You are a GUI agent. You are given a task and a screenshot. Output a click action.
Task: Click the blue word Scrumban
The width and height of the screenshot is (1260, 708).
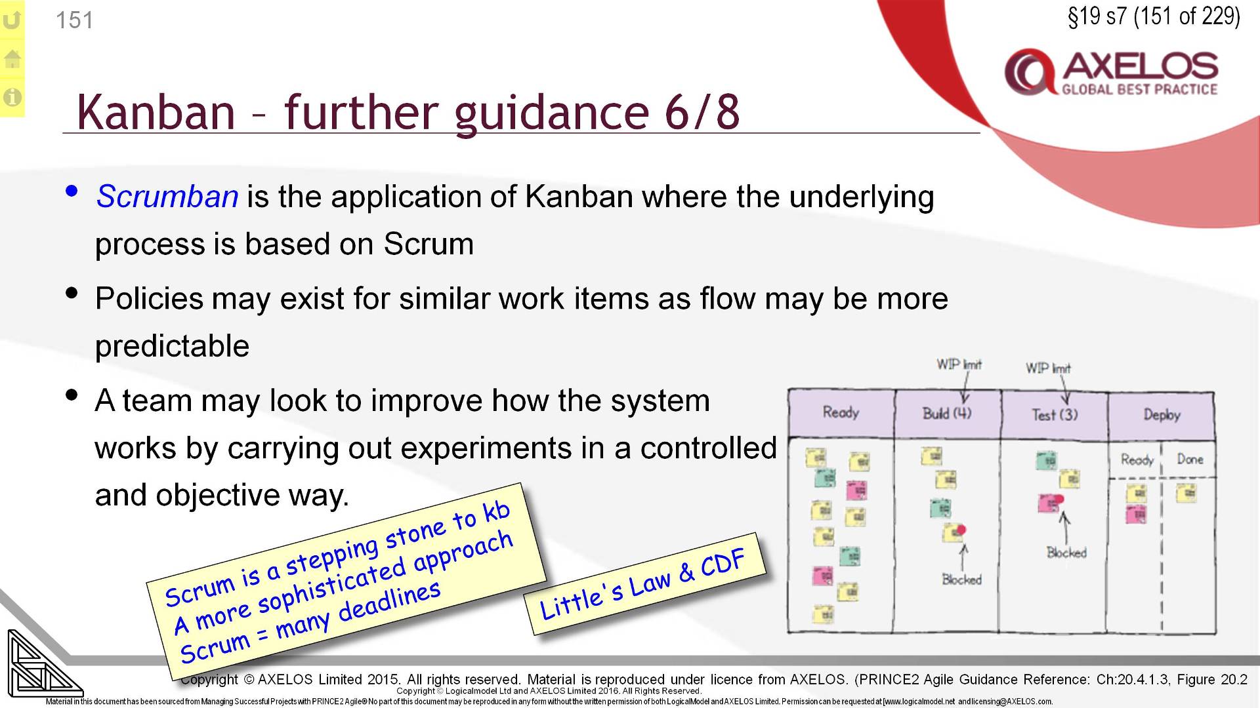167,197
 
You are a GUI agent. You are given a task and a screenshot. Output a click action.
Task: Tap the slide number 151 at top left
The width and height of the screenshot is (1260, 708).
74,20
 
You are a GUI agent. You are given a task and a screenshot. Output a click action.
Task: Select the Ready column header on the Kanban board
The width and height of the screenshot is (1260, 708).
841,413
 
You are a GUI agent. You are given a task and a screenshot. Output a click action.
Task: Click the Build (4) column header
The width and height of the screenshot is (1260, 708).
947,414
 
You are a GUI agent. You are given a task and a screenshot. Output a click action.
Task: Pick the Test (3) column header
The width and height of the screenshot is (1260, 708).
1055,415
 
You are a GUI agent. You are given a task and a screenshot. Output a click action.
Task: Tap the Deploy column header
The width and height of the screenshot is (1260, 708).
1162,415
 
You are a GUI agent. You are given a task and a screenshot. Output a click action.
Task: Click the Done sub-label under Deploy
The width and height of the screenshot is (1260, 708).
1190,460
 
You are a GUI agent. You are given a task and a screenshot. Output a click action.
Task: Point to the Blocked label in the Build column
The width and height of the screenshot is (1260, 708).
961,580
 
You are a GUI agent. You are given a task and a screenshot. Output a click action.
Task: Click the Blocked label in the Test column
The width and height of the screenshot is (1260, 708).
1066,553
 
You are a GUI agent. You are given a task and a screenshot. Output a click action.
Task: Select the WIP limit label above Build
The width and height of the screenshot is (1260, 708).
959,364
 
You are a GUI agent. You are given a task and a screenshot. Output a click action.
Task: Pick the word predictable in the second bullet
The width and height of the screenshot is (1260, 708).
172,346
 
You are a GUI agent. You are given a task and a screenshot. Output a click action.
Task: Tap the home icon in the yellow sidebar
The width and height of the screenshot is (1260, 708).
12,59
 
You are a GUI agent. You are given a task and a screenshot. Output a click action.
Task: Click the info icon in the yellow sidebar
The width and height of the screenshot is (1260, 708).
12,98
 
